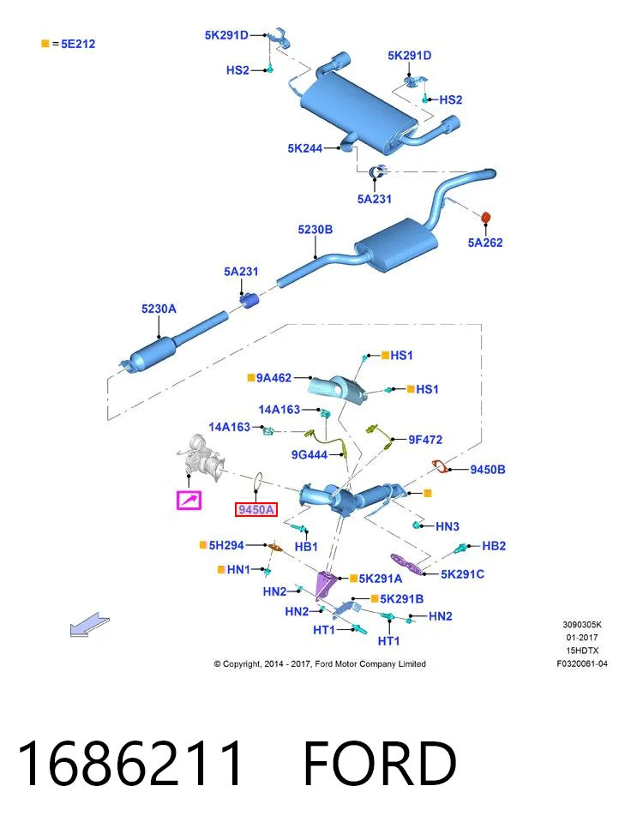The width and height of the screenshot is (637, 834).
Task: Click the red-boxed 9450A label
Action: pos(256,509)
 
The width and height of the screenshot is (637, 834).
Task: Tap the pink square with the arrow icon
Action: pos(189,501)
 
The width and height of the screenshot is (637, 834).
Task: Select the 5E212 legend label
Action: pos(78,45)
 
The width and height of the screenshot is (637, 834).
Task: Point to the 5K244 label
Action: pos(305,148)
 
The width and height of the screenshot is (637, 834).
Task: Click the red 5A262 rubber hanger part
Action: pos(485,218)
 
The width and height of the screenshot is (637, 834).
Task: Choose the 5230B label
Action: pos(315,229)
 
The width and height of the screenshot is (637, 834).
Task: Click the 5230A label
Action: pos(159,309)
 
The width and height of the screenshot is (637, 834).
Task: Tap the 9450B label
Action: pos(488,470)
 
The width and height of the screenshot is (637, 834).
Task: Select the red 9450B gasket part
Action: pos(440,466)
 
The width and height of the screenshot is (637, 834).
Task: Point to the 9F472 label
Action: pos(425,440)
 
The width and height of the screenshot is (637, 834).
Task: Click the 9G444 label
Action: pos(309,455)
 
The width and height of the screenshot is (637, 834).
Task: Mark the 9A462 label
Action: pos(273,378)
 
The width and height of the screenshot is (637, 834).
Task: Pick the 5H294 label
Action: pos(226,545)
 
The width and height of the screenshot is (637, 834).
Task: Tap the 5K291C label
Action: pos(462,574)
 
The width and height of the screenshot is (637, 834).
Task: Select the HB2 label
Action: pos(494,546)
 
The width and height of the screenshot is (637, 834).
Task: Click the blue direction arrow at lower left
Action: pos(89,625)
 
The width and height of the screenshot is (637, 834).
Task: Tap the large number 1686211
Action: pos(130,763)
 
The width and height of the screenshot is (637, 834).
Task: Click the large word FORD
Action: pos(380,763)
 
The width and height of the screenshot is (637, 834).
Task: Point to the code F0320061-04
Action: pos(582,663)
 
